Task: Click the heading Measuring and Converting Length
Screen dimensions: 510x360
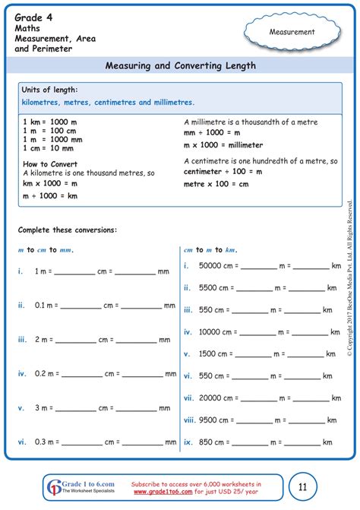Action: point(180,66)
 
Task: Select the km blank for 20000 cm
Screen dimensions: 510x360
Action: point(311,398)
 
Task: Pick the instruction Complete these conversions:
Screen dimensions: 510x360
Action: point(68,229)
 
